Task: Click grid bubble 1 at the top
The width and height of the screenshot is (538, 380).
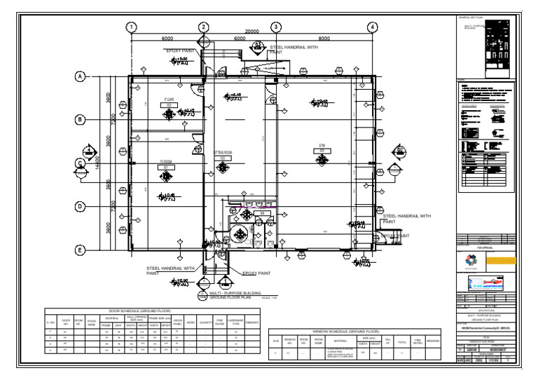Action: (130, 27)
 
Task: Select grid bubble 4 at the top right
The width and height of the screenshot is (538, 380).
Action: (373, 27)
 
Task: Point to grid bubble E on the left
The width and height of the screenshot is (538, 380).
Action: (81, 250)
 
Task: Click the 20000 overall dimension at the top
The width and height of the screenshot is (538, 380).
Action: (251, 32)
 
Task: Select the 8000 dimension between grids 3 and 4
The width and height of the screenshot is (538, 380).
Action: (324, 39)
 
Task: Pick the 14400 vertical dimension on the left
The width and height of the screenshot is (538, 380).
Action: (99, 163)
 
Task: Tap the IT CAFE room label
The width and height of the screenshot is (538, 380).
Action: (169, 100)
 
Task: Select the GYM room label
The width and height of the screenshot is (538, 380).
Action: (322, 146)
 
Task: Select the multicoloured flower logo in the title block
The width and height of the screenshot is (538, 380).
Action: (469, 260)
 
